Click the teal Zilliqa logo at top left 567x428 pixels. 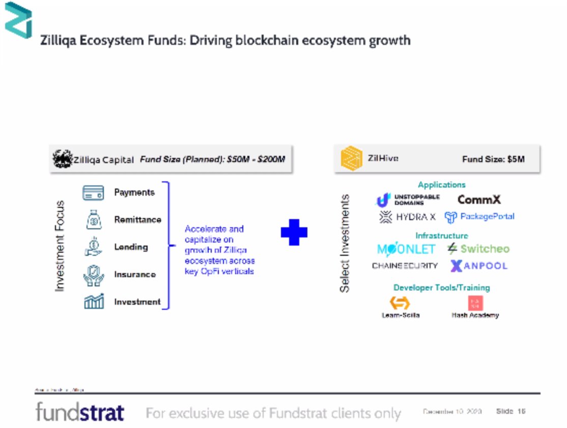pyautogui.click(x=18, y=20)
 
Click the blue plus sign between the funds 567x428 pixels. pyautogui.click(x=294, y=232)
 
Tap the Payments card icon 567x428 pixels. pyautogui.click(x=93, y=193)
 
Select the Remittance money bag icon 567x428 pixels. pyautogui.click(x=93, y=220)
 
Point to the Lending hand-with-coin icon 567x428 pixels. pyautogui.click(x=93, y=247)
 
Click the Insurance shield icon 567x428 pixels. pyautogui.click(x=93, y=275)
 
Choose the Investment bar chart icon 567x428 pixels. pyautogui.click(x=93, y=302)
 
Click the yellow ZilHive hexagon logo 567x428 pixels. pyautogui.click(x=351, y=159)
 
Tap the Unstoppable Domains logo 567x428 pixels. pyautogui.click(x=408, y=200)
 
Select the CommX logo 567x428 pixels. pyautogui.click(x=479, y=200)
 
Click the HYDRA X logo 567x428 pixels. pyautogui.click(x=408, y=217)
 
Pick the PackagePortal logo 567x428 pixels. pyautogui.click(x=479, y=217)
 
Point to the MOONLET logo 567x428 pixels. pyautogui.click(x=406, y=249)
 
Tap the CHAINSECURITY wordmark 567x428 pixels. pyautogui.click(x=405, y=266)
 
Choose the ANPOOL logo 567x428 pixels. pyautogui.click(x=478, y=266)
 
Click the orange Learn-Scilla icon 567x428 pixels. pyautogui.click(x=400, y=303)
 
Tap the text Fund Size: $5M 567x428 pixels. pyautogui.click(x=493, y=159)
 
